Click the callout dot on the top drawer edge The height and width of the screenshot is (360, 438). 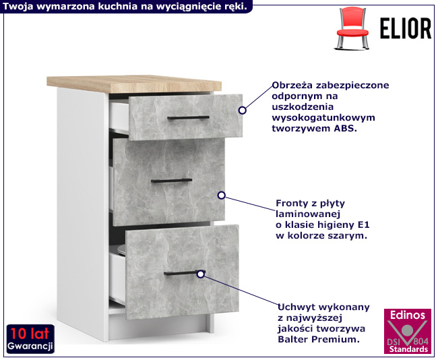tap(242, 109)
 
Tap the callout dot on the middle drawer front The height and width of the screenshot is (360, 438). tap(221, 196)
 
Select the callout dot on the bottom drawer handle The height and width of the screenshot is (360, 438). tap(200, 274)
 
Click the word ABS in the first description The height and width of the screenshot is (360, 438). tap(344, 128)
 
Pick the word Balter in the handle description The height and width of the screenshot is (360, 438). tap(292, 340)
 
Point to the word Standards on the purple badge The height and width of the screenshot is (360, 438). tap(408, 349)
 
